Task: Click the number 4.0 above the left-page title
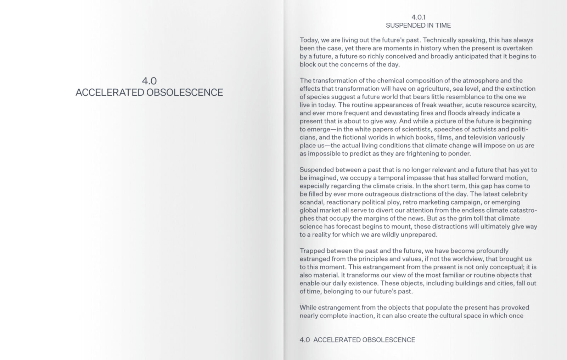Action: [x=149, y=81]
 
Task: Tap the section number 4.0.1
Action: [x=418, y=17]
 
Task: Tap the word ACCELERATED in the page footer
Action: [x=335, y=340]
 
